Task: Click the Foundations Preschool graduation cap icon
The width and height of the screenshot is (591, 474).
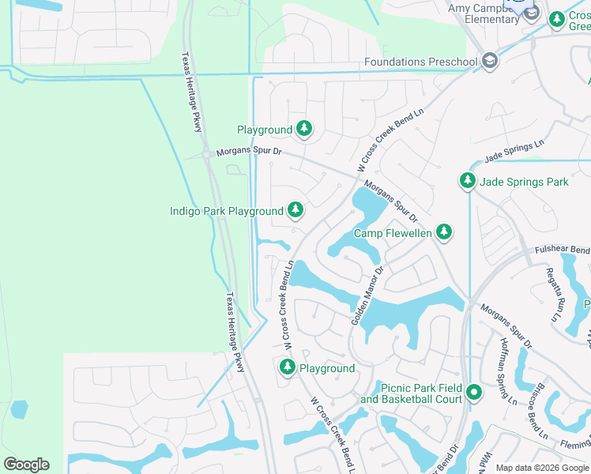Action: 490,62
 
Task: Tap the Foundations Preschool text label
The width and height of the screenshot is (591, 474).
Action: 421,62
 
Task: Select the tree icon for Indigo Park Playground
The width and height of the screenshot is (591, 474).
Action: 295,210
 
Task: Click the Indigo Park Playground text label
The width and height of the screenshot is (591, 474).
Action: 226,211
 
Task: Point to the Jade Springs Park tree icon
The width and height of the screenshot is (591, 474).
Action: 468,182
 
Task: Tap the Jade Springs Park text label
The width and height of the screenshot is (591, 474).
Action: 524,182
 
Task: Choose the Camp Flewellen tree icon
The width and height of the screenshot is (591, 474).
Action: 444,232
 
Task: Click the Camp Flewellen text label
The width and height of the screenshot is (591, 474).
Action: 393,233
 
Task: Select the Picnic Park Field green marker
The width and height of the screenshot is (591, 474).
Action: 474,392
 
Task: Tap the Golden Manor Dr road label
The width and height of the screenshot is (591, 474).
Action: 367,295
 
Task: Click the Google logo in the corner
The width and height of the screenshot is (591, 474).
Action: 26,465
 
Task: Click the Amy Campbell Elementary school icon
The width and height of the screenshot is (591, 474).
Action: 532,13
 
